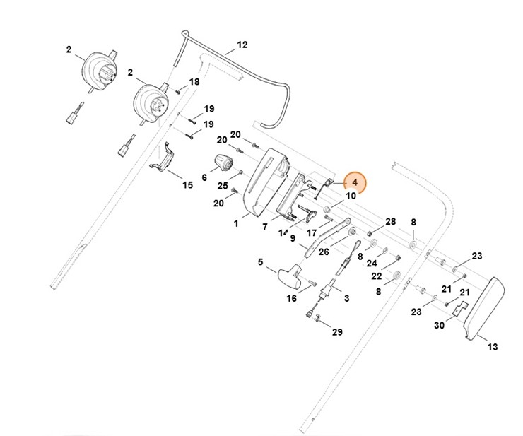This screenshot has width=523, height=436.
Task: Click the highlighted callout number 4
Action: [x=355, y=184]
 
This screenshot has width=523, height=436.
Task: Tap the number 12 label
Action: [x=242, y=45]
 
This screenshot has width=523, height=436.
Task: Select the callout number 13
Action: [x=493, y=347]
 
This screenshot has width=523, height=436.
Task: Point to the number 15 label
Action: [x=187, y=185]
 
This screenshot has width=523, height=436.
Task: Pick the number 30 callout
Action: [x=440, y=326]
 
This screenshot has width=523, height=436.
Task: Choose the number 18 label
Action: [x=194, y=82]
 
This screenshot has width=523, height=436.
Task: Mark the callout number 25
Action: [x=223, y=186]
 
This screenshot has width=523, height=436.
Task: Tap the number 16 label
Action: [x=291, y=298]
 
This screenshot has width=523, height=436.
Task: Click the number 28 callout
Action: [x=391, y=222]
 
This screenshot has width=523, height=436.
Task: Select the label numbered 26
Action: [x=324, y=251]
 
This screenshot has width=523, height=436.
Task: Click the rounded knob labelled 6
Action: [x=225, y=164]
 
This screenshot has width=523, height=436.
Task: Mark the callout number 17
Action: [x=311, y=232]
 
